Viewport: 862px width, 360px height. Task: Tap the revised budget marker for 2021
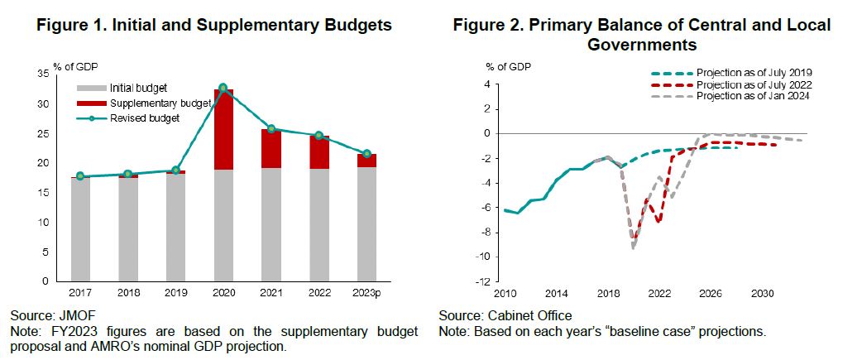point(271,129)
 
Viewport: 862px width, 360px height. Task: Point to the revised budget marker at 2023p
point(366,153)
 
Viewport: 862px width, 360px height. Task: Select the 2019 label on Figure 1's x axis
point(175,293)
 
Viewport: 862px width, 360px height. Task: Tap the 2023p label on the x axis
point(366,293)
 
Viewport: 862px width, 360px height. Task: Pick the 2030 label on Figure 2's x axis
point(761,292)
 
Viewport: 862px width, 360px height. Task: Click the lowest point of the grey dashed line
point(634,247)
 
